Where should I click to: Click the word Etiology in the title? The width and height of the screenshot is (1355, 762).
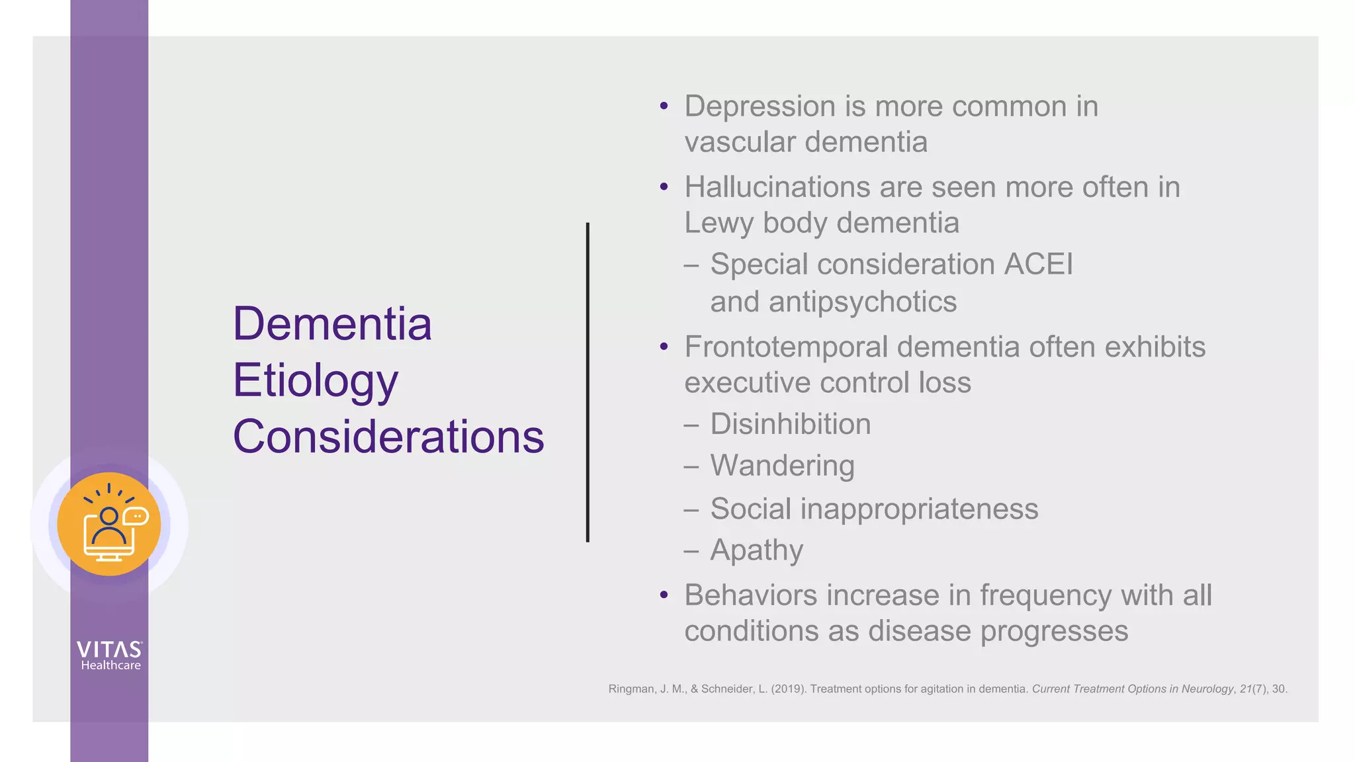315,381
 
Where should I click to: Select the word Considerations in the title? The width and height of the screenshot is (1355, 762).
388,437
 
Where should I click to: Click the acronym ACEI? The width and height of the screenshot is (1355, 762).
1038,265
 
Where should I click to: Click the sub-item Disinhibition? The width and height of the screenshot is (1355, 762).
790,424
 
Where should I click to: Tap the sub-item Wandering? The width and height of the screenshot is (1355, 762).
782,466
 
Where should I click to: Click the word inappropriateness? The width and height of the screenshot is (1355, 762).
919,509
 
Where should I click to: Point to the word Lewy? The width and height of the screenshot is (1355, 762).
719,223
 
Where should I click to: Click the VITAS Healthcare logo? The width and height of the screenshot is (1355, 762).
110,656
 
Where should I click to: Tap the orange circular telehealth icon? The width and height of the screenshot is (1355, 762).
109,525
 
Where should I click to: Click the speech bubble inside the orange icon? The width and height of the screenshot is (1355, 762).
136,515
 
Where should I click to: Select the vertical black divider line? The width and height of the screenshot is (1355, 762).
588,382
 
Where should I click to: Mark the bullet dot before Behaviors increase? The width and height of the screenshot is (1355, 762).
664,595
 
